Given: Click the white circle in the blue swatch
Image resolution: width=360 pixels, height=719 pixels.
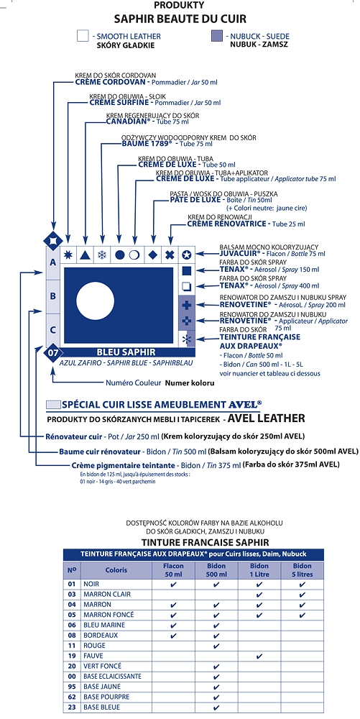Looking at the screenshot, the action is [x=95, y=302].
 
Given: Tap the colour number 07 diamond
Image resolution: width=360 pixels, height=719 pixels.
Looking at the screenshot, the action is [x=52, y=352].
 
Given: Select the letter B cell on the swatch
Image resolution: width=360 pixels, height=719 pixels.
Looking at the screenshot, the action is [x=52, y=296].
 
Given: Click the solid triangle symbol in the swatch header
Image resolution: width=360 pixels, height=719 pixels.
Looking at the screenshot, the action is [x=84, y=255].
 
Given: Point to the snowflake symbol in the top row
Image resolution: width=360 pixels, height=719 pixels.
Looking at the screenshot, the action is [x=102, y=255].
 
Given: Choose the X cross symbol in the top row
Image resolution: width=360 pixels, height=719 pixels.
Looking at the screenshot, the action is [x=170, y=255].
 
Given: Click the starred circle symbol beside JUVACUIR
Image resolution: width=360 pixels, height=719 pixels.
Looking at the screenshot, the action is [x=186, y=255].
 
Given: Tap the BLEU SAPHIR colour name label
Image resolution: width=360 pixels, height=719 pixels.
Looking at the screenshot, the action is [x=126, y=352].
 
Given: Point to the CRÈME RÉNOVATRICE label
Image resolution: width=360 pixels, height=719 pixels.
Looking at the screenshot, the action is [x=226, y=224].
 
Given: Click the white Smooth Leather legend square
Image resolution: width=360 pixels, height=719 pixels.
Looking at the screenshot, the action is [x=83, y=36].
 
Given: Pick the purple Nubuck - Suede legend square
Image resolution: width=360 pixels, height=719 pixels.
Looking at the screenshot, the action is [x=217, y=36].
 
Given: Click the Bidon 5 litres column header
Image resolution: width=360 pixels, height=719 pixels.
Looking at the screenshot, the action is [x=302, y=570].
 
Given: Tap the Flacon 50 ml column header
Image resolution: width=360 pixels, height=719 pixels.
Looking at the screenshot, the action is [x=173, y=570].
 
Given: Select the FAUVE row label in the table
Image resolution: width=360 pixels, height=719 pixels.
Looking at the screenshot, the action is [x=93, y=656].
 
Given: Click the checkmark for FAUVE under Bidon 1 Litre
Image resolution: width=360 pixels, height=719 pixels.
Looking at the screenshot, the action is [x=259, y=656].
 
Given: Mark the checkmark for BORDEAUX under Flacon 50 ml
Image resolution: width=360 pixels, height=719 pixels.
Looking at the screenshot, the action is [x=173, y=636].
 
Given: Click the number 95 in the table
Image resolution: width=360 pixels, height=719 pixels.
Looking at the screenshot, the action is [x=71, y=687].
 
